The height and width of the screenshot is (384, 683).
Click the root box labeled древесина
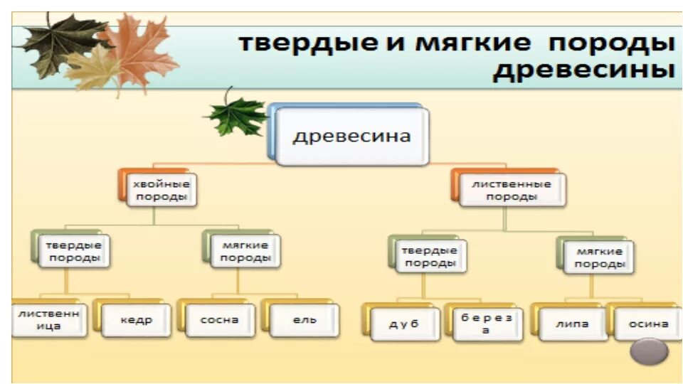pyautogui.click(x=351, y=136)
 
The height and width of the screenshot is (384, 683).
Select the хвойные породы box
pyautogui.click(x=161, y=191)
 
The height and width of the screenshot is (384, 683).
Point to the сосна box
pyautogui.click(x=219, y=320)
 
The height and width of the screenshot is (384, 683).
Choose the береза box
pyautogui.click(x=485, y=324)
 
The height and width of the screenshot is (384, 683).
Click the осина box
pyautogui.click(x=648, y=324)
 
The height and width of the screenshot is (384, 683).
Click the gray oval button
pyautogui.click(x=650, y=351)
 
